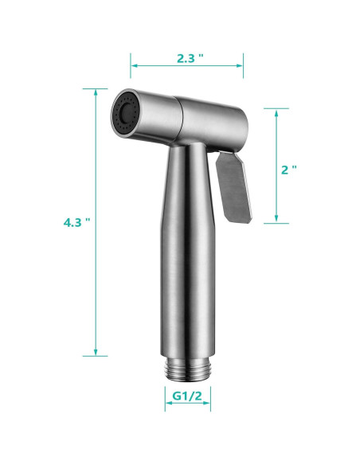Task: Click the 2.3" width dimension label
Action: click(x=187, y=57)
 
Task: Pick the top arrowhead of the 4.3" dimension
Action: click(x=96, y=92)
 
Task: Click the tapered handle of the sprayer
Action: click(x=190, y=255)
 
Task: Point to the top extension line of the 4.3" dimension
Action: click(x=96, y=88)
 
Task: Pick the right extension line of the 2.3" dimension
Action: click(x=244, y=72)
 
